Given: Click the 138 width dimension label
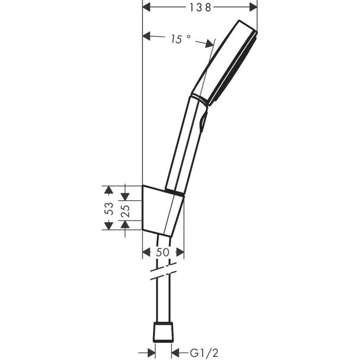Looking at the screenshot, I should coord(200,7).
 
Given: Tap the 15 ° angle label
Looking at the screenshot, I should coord(180,39).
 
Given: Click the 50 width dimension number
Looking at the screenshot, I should coord(162,253).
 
